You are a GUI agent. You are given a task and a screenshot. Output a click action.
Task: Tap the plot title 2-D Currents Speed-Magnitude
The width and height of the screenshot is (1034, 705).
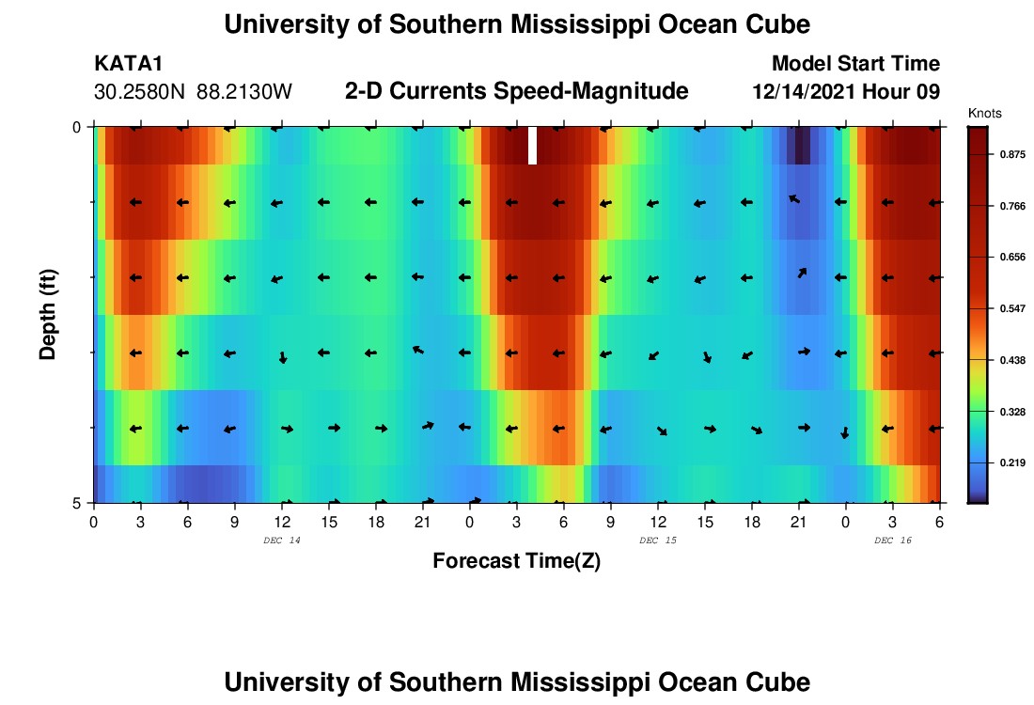point(516,91)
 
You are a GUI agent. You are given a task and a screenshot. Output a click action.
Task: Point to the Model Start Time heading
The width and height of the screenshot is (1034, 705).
point(854,64)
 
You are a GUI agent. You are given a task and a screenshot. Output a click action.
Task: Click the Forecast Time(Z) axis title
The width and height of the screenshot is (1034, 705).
point(516,561)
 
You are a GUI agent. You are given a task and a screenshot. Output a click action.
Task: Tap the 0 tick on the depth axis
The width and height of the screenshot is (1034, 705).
point(78,127)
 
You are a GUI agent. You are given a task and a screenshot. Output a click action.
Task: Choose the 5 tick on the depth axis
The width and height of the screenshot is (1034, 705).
point(78,503)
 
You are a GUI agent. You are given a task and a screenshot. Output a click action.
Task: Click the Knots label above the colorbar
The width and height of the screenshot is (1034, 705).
point(984,113)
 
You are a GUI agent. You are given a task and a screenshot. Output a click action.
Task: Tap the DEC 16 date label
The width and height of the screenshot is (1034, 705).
point(892,540)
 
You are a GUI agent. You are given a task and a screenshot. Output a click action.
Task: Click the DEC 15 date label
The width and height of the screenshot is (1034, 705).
point(657,540)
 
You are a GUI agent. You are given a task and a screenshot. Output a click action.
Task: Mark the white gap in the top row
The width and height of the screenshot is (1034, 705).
point(532,146)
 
